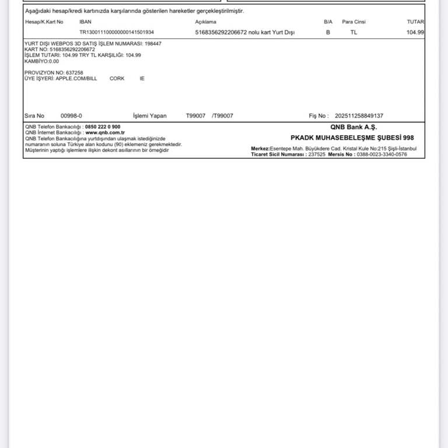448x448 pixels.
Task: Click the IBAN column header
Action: tap(85, 22)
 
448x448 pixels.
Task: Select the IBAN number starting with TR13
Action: tap(117, 32)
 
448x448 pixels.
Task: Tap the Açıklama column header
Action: tap(205, 22)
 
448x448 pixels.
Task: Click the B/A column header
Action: tap(328, 22)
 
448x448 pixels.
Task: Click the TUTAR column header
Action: tap(415, 22)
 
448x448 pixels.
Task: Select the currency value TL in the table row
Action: tap(353, 32)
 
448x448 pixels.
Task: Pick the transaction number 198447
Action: tap(153, 44)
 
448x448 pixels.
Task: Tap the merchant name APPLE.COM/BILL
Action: tap(76, 78)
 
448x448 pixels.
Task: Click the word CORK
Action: tap(117, 78)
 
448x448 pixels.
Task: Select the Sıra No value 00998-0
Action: tap(71, 116)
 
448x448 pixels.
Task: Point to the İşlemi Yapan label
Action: tap(149, 116)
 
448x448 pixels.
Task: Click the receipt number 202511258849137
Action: tap(359, 116)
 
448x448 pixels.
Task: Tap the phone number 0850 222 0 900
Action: tap(103, 127)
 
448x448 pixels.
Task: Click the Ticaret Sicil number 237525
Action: tap(317, 155)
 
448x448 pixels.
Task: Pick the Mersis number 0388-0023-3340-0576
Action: tap(382, 155)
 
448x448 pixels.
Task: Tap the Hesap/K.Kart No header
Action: tap(44, 22)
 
